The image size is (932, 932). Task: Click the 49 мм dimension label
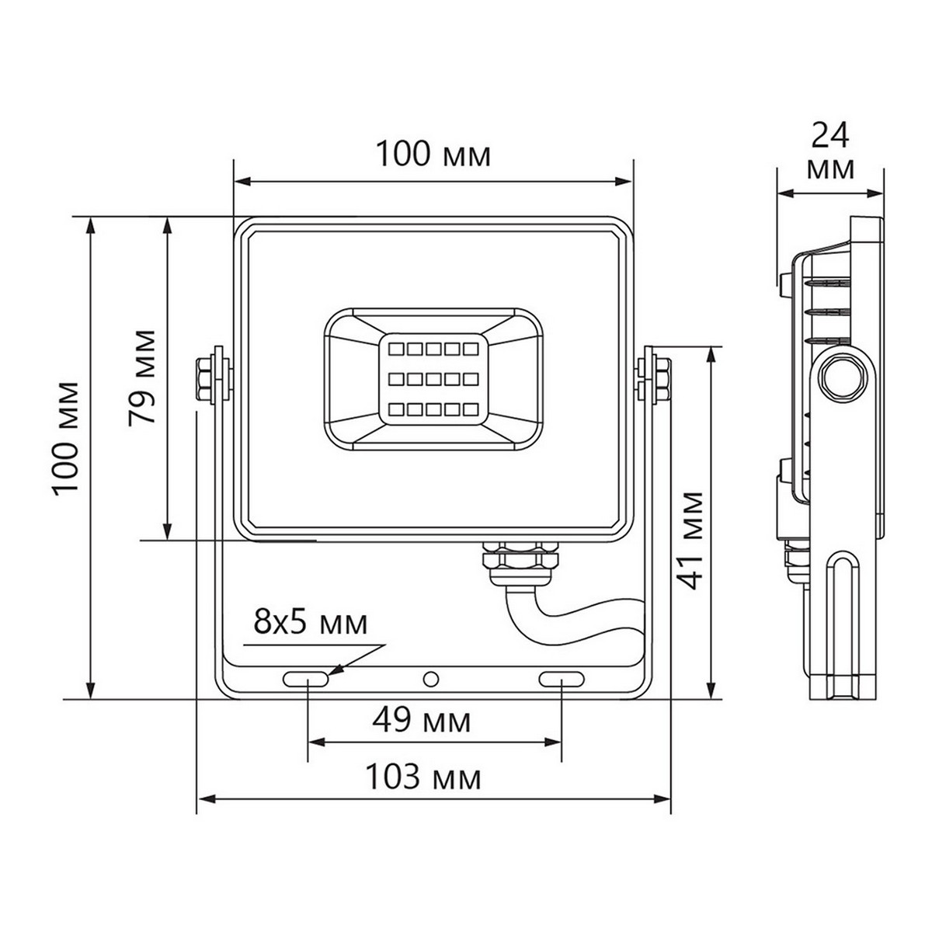(422, 722)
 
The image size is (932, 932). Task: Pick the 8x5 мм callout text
(311, 624)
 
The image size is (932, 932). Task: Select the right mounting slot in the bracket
(562, 679)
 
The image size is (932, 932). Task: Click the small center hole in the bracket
(429, 679)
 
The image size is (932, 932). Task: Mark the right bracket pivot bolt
(659, 377)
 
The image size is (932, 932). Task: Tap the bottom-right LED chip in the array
(468, 408)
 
